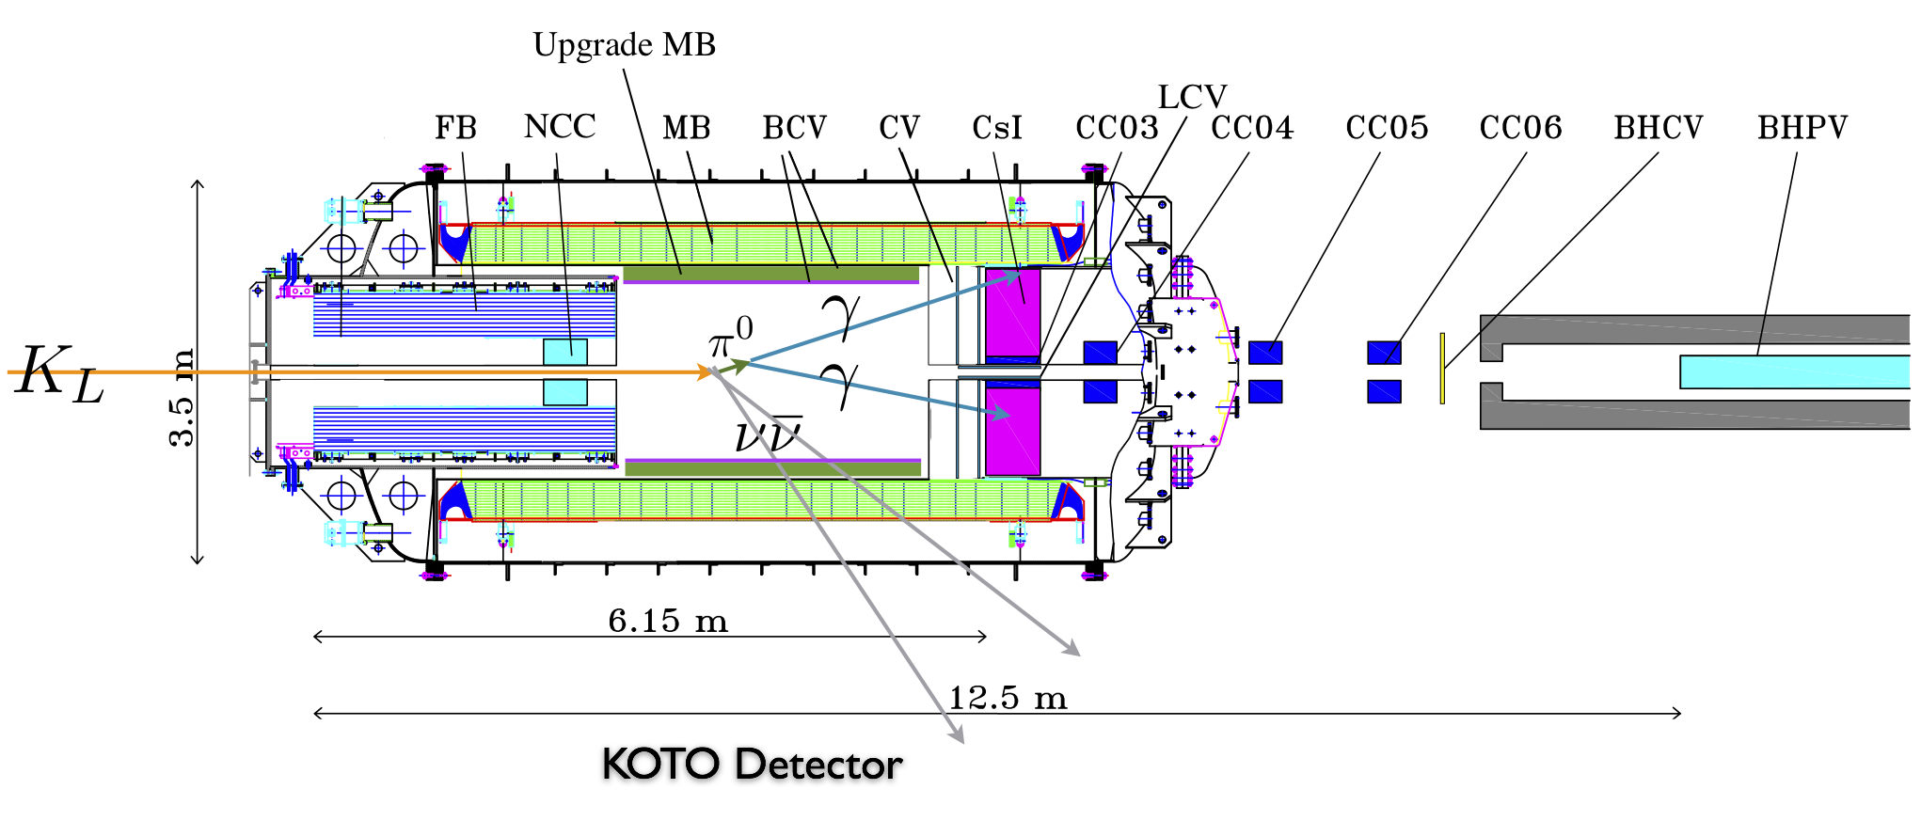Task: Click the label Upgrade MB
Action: point(624,45)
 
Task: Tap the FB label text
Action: point(455,128)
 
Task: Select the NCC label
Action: point(560,127)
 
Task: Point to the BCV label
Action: point(794,128)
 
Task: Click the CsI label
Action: point(996,128)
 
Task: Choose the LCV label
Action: point(1192,98)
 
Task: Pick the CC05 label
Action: point(1387,128)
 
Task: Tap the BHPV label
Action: point(1802,128)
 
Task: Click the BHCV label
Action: point(1658,128)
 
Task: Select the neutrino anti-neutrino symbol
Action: point(768,434)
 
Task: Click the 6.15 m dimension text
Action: point(668,621)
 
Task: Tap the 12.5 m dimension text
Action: point(1008,699)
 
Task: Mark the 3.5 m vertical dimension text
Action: point(181,397)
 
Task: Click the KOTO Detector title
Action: point(752,765)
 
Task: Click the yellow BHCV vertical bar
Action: point(1442,368)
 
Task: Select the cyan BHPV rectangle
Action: point(1794,371)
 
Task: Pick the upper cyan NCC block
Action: point(565,352)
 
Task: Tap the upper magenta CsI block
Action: point(1013,312)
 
